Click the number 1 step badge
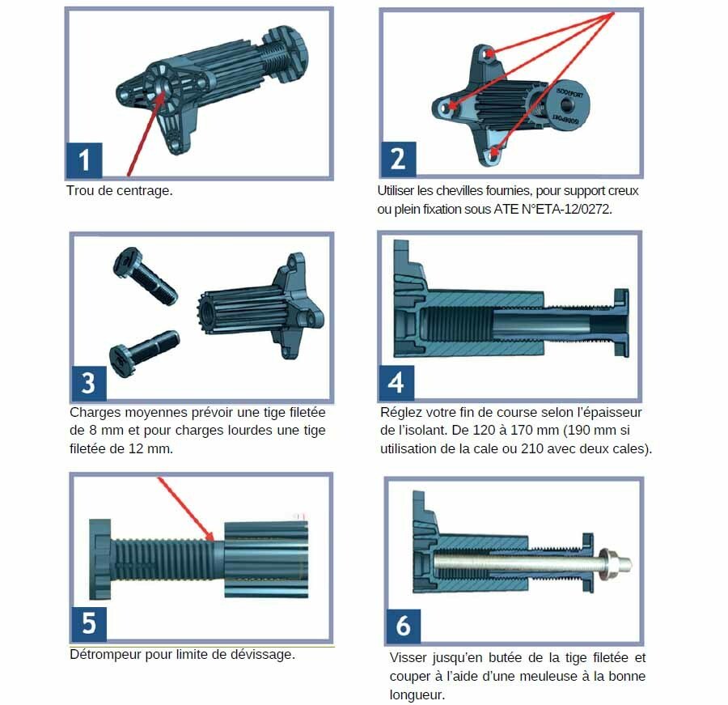[x=84, y=160]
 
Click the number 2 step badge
[x=398, y=159]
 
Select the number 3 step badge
[x=89, y=384]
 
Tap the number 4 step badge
[x=396, y=383]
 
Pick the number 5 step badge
[x=89, y=624]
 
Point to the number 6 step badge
[x=403, y=626]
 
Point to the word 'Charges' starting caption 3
[x=95, y=413]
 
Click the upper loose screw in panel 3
[x=145, y=275]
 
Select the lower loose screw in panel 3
[x=143, y=352]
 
